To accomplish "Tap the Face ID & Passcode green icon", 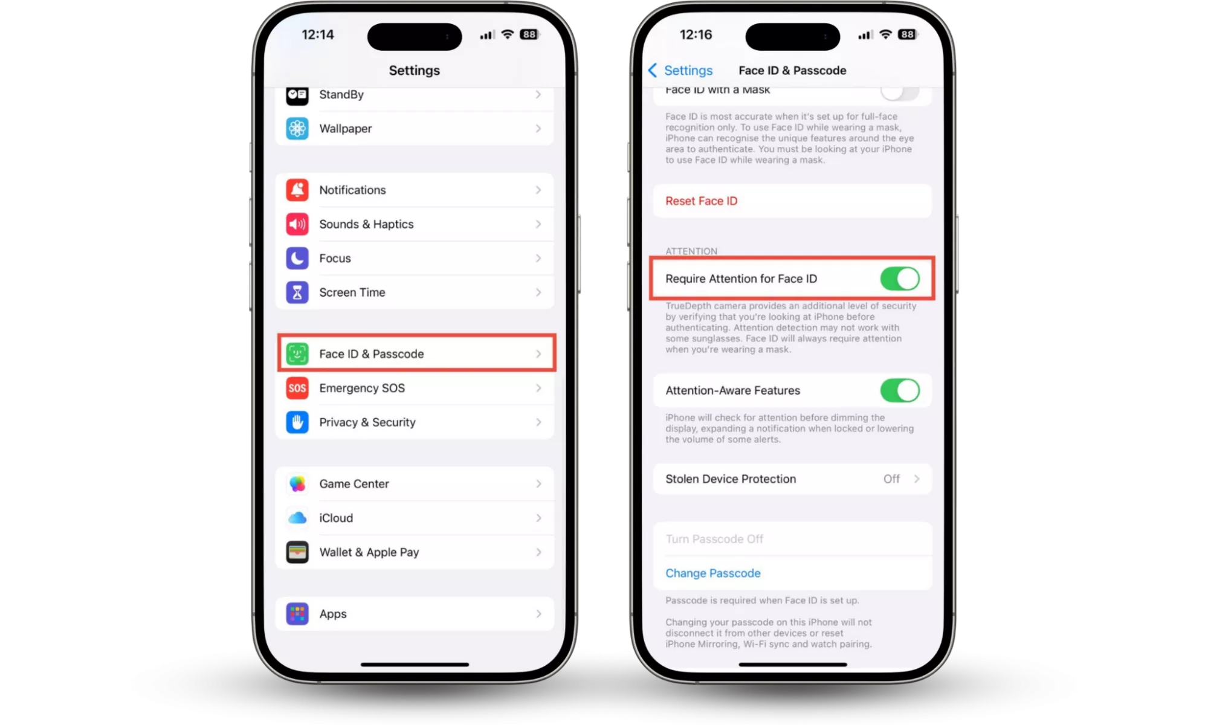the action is (x=297, y=354).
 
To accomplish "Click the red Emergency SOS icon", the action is (x=297, y=388).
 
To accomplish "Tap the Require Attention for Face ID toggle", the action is (x=899, y=279).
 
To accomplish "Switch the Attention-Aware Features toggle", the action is (x=899, y=390).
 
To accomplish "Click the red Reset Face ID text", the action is (x=701, y=201).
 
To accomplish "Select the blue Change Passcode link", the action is (x=713, y=573).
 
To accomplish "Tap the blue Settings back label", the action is (x=688, y=71).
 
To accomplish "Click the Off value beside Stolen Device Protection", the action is (x=891, y=479).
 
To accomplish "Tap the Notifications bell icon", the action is (x=297, y=190).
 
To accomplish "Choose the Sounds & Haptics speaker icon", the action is (x=297, y=224).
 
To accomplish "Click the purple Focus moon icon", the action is (x=297, y=258).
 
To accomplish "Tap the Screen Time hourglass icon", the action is (x=297, y=292).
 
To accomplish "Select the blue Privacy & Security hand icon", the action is (x=297, y=422).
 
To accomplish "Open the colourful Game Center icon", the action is (x=297, y=484).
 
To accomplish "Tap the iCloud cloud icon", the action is (x=297, y=518).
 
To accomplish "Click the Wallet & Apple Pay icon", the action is (x=297, y=552).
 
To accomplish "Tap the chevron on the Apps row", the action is (x=538, y=614).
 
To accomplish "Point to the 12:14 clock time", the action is (x=318, y=34).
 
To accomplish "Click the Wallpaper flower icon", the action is (x=297, y=129).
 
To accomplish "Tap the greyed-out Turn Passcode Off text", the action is (x=714, y=539).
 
